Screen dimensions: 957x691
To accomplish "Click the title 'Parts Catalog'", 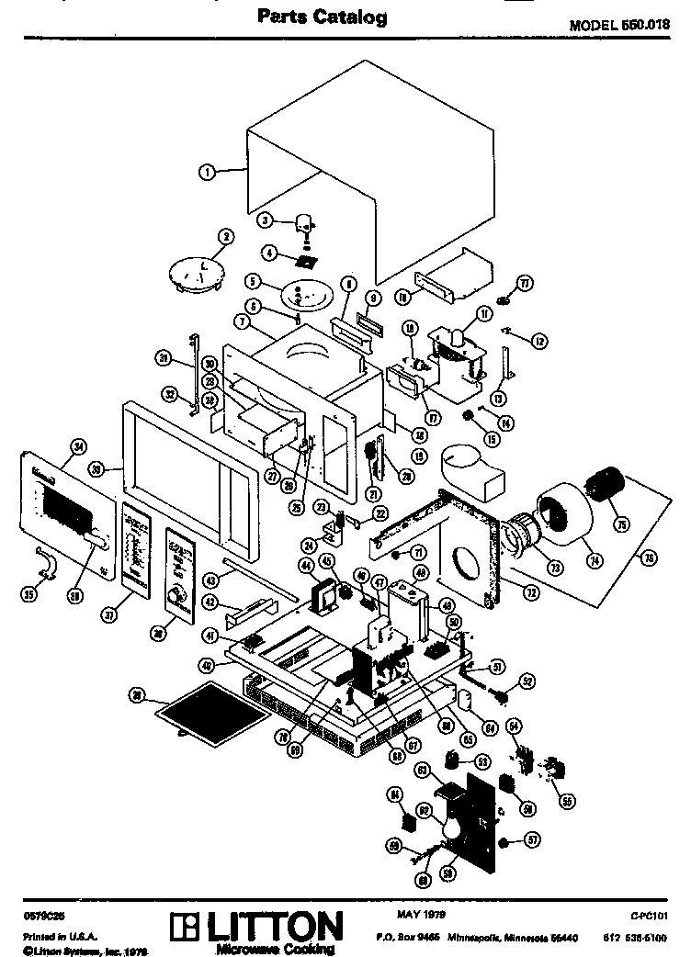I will (322, 16).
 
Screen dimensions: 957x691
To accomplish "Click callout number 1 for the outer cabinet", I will (208, 171).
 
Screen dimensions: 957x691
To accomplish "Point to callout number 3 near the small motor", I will (264, 220).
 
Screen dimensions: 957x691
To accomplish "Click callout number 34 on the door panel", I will (78, 447).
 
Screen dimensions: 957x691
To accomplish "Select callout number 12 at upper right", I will (539, 341).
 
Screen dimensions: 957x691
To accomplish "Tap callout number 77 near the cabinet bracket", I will (526, 283).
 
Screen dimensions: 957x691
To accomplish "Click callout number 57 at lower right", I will (532, 839).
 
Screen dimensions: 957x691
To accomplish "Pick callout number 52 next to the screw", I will (527, 681).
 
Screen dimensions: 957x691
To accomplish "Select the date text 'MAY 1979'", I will (423, 915).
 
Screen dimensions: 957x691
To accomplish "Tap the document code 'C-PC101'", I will (647, 916).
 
